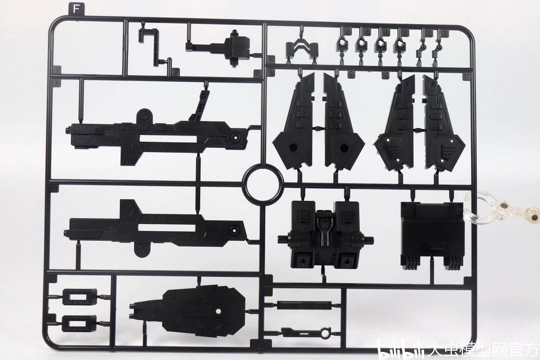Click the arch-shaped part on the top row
tap(301, 48)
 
